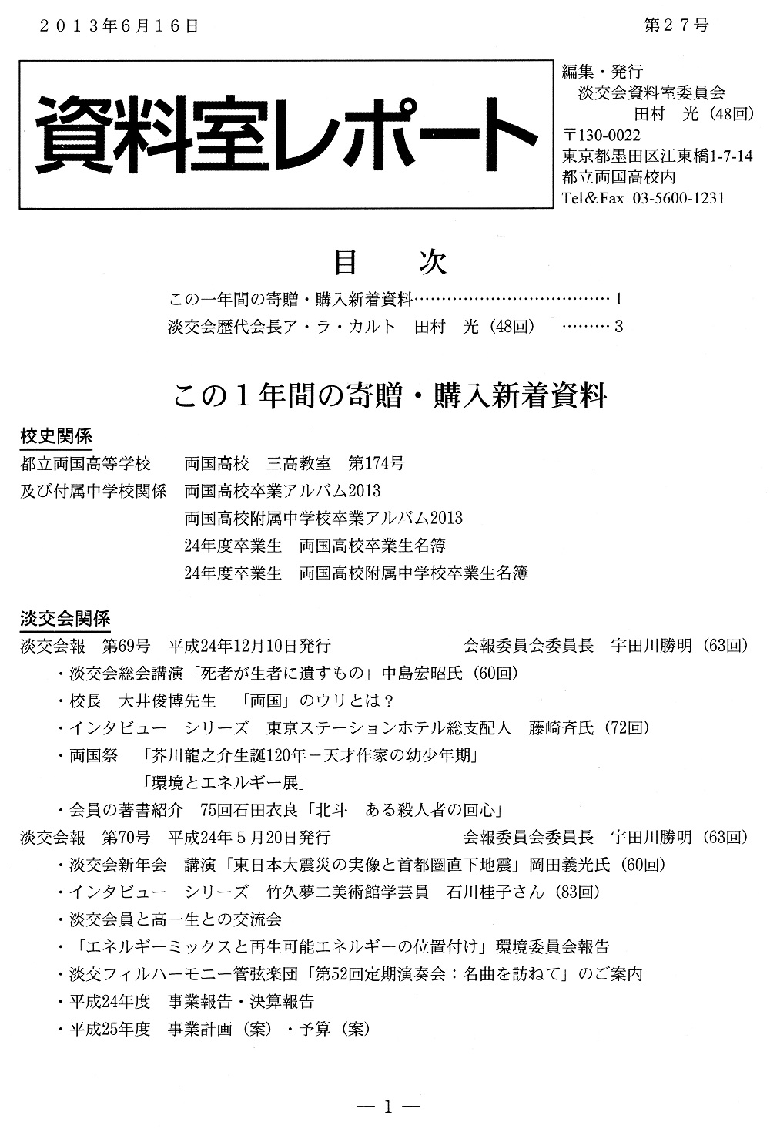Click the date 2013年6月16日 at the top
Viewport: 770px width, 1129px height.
[x=118, y=25]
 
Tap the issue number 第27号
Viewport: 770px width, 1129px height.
[x=675, y=25]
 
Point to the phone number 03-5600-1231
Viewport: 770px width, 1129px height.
[x=678, y=198]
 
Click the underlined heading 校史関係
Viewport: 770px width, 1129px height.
[x=55, y=436]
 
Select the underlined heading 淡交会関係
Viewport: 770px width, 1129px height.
[x=65, y=618]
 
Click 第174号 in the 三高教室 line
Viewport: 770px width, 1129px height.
[x=376, y=464]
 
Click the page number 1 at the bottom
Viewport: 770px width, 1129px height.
[x=388, y=1107]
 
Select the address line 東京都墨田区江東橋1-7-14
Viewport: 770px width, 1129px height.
[x=658, y=156]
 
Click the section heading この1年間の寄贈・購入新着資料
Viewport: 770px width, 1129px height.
[x=390, y=397]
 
